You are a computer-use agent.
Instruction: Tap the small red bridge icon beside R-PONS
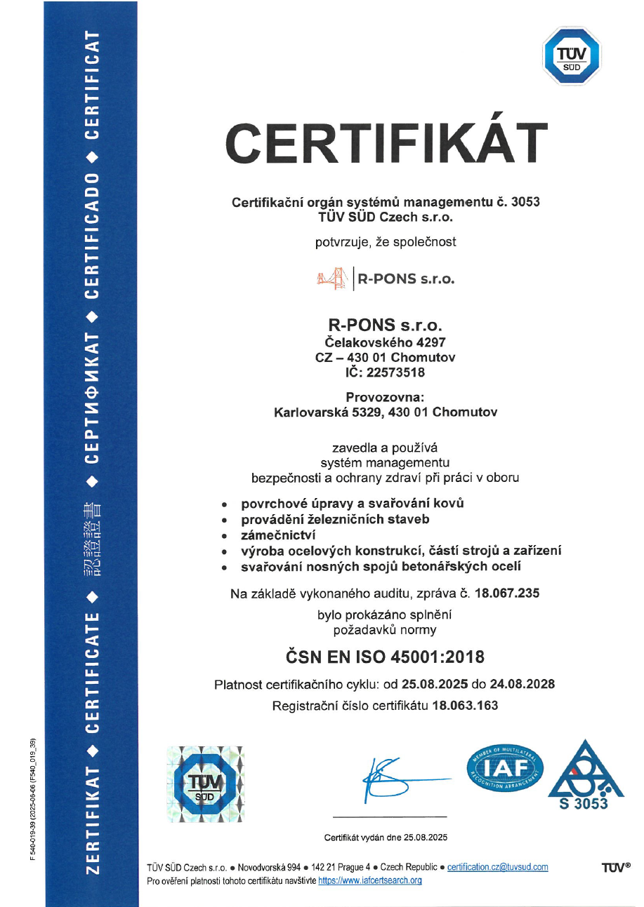pos(332,278)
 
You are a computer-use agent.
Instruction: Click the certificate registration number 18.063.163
pos(466,706)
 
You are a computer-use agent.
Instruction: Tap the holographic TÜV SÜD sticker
pos(205,783)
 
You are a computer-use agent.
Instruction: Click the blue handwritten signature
pos(393,779)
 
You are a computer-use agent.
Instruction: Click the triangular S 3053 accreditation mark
pos(584,775)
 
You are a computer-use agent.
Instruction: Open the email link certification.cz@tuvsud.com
pos(497,867)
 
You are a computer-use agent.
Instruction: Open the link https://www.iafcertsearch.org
pos(369,880)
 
